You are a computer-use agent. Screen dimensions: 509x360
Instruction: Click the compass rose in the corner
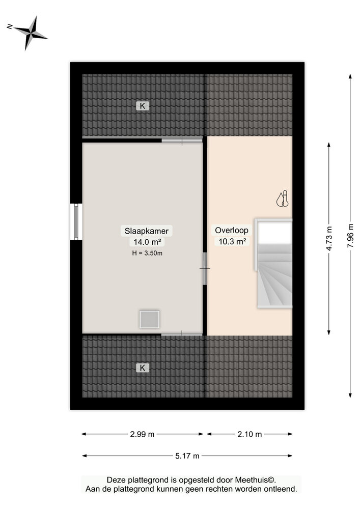(x=31, y=33)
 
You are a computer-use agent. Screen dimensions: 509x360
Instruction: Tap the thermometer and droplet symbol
(x=283, y=199)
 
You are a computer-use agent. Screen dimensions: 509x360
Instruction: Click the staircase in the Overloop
(x=274, y=277)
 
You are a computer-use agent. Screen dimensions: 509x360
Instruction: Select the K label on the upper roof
(x=143, y=106)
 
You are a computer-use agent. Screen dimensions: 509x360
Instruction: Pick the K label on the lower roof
(x=143, y=367)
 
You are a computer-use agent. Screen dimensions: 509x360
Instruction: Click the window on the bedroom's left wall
(x=76, y=221)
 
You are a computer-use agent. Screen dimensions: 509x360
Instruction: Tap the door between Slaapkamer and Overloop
(x=204, y=269)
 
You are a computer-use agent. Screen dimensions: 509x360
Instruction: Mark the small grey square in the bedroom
(x=150, y=319)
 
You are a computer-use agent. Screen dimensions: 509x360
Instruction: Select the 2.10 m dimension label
(x=250, y=434)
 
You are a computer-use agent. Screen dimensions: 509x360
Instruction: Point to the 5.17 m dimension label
(x=187, y=456)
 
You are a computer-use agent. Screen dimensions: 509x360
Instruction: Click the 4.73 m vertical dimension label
(x=329, y=238)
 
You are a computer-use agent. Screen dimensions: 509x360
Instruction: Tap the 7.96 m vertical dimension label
(x=350, y=236)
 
